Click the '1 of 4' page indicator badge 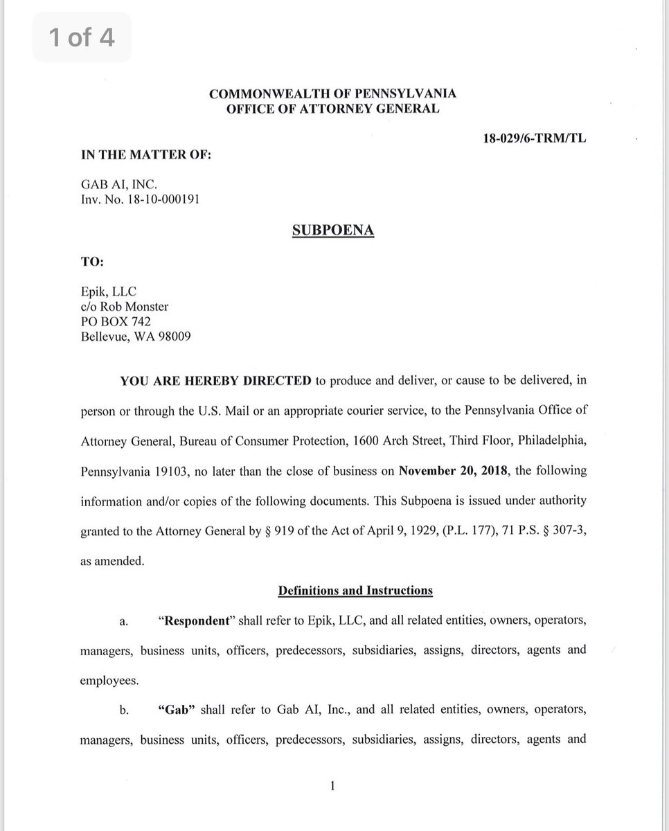(81, 37)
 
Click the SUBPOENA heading (333, 231)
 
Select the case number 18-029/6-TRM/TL (535, 138)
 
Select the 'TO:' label (91, 264)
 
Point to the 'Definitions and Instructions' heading (355, 591)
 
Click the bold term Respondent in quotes (195, 620)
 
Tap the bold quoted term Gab (176, 711)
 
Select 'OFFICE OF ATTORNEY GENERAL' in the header (333, 109)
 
